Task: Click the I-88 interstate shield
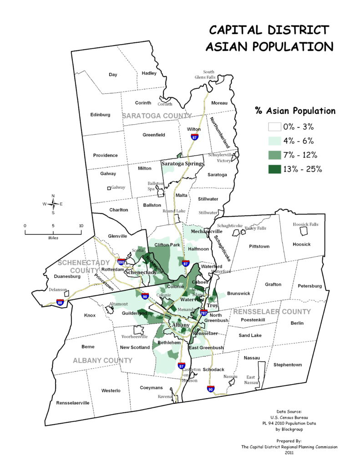coord(60,302)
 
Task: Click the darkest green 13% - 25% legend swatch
coord(268,169)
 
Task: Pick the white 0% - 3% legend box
coord(268,127)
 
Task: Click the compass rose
coord(53,204)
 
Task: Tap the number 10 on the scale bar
coord(81,226)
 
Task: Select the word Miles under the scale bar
coord(53,238)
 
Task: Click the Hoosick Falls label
coord(306,224)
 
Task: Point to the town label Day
coord(113,74)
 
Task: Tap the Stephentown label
coord(287,365)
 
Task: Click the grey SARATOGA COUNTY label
coord(157,116)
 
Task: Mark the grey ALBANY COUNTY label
coord(102,360)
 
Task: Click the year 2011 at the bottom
coord(289,453)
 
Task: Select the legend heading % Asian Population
coord(294,111)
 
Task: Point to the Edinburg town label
coord(100,115)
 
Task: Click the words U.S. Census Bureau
coord(289,417)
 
